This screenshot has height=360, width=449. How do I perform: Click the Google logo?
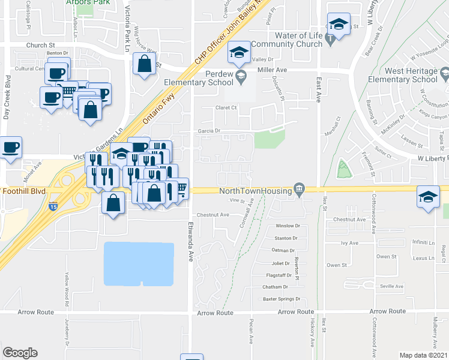[20, 353]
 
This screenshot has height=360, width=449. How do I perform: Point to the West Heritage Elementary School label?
[403, 75]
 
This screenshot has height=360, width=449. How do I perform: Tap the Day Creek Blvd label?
[7, 97]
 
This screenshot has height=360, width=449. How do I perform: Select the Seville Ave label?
[391, 286]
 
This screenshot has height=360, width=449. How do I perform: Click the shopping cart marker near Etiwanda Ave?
[181, 188]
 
